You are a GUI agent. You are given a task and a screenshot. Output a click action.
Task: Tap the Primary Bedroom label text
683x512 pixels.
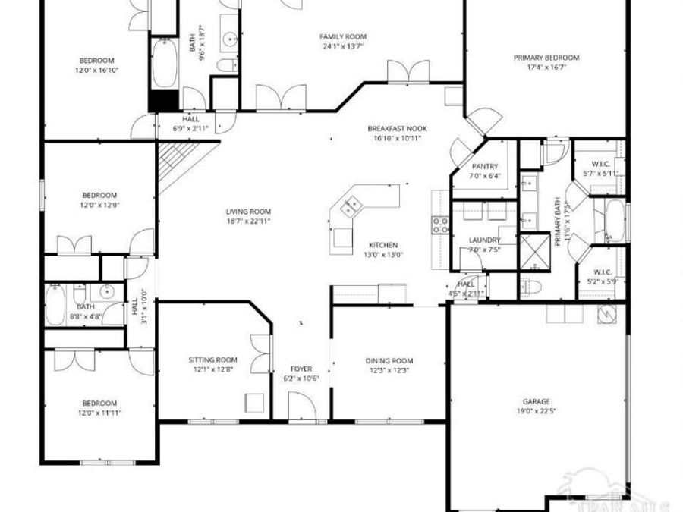tap(546, 58)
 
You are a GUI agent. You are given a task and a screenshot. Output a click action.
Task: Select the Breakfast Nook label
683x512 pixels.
tap(392, 128)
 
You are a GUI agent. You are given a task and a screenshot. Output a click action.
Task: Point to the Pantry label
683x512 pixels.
tap(484, 166)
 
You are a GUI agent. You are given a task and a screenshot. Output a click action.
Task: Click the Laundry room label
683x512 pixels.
tap(485, 240)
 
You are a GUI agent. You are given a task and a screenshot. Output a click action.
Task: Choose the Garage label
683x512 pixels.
tap(536, 401)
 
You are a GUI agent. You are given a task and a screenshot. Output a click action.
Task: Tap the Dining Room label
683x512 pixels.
tap(389, 360)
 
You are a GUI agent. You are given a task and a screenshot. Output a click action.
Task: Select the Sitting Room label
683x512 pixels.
tap(212, 360)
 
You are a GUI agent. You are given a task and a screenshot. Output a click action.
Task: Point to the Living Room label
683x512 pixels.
tap(248, 212)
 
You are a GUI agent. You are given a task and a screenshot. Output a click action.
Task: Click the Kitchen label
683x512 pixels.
tap(383, 245)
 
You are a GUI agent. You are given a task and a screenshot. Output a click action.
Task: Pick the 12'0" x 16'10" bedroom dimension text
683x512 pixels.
tap(97, 70)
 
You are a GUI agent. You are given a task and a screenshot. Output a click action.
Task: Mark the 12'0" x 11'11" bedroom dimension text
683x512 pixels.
tap(99, 413)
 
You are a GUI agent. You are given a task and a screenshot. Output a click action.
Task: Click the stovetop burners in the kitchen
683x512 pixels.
tap(439, 223)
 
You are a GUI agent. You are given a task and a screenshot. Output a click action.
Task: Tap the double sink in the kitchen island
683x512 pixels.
tap(351, 205)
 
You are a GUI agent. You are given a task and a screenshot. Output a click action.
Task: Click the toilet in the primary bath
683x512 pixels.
tap(530, 287)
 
